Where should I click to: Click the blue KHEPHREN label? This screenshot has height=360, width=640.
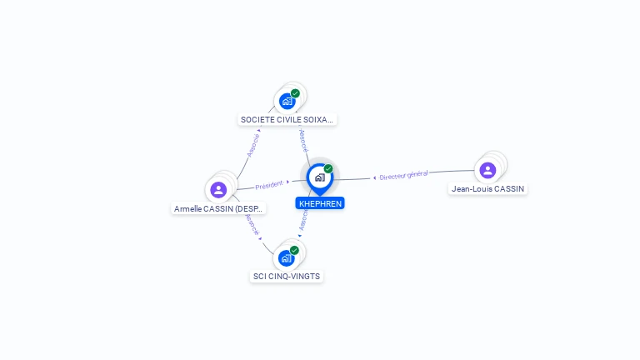point(320,203)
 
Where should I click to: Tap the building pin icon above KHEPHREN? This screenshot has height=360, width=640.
point(319,177)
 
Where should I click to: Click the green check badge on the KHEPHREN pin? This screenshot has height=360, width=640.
point(328,168)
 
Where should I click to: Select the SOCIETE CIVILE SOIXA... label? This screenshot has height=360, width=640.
point(287,119)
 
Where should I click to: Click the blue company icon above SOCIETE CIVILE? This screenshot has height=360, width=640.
point(287,102)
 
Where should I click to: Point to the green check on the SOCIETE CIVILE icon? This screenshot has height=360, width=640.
point(295,93)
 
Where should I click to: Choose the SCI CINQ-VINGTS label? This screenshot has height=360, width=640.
point(286,276)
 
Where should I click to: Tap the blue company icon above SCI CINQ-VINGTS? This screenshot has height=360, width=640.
point(286,258)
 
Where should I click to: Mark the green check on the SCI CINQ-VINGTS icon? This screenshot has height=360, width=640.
point(294,250)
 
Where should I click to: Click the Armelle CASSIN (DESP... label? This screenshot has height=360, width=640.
point(218,208)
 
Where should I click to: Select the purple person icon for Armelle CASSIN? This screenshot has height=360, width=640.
point(218,189)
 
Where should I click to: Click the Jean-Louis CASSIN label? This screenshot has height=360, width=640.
point(487,188)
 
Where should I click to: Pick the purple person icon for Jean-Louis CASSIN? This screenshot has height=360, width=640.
point(487,170)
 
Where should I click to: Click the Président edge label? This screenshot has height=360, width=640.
point(269,184)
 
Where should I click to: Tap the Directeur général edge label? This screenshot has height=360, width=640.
point(403,175)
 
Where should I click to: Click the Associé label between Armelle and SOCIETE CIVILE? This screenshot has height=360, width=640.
point(254,144)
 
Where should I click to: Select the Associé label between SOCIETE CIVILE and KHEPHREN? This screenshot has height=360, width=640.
point(303,140)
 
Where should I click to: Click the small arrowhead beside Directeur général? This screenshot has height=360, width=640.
point(374,177)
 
